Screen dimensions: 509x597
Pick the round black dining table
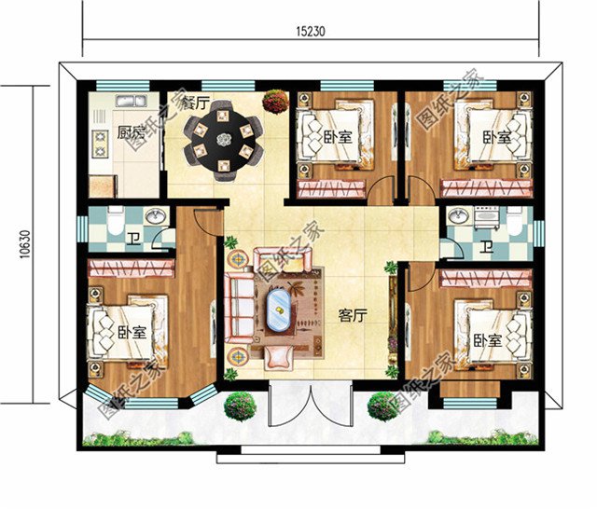coord(224,140)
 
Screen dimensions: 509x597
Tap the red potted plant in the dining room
coord(274,99)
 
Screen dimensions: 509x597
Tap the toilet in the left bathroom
coord(112,223)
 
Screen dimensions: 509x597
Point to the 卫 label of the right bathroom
coord(487,247)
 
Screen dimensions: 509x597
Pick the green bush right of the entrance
coord(382,406)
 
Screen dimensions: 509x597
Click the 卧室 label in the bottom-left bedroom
coord(132,333)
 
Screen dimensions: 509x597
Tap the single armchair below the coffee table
coord(279,355)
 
